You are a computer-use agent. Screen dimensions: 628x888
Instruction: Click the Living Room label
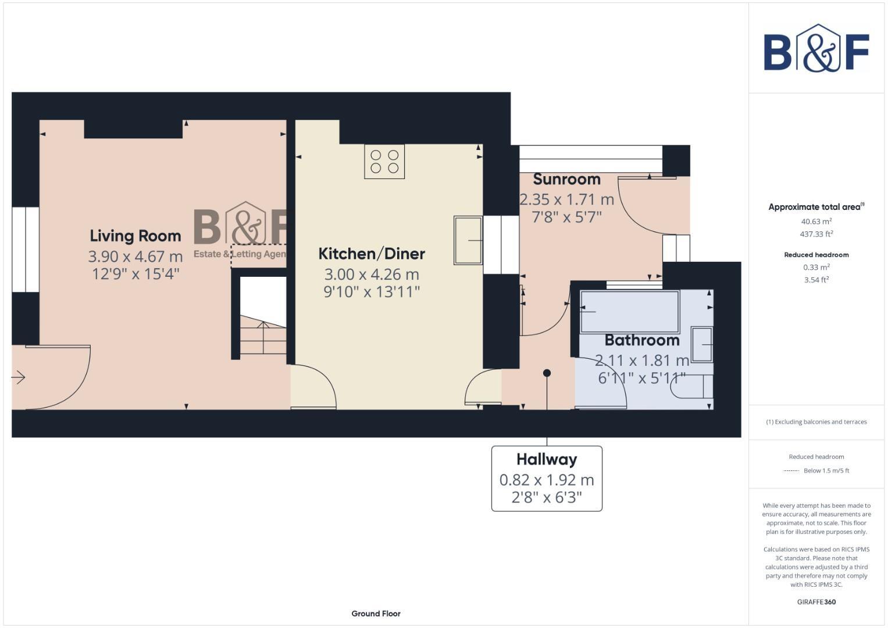[x=135, y=236]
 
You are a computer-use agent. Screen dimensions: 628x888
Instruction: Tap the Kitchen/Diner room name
[x=372, y=254]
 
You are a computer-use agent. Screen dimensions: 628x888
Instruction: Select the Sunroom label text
[x=566, y=179]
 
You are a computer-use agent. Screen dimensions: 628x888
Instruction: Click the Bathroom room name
[x=642, y=340]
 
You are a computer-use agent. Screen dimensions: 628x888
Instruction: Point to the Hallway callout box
[x=547, y=479]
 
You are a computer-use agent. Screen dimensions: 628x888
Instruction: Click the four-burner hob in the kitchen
[x=384, y=162]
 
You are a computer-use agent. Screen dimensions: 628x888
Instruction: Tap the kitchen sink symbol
[x=468, y=240]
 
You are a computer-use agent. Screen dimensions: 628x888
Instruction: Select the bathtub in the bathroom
[x=629, y=312]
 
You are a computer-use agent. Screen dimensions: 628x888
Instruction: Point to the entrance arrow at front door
[x=19, y=378]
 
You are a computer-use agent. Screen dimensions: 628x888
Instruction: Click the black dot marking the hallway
[x=547, y=373]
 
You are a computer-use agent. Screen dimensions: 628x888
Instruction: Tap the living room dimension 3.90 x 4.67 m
[x=135, y=256]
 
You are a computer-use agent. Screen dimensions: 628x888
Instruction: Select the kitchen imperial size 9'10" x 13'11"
[x=372, y=291]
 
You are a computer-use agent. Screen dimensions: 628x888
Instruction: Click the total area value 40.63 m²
[x=816, y=222]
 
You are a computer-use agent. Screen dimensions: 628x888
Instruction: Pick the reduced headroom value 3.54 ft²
[x=816, y=280]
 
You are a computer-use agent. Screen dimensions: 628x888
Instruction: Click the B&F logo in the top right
[x=816, y=49]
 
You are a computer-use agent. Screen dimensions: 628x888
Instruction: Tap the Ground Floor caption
[x=376, y=613]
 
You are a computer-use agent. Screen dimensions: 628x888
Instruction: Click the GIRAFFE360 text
[x=816, y=602]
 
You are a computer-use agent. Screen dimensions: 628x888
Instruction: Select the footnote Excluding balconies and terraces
[x=816, y=422]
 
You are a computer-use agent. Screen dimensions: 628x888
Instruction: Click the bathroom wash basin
[x=702, y=344]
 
